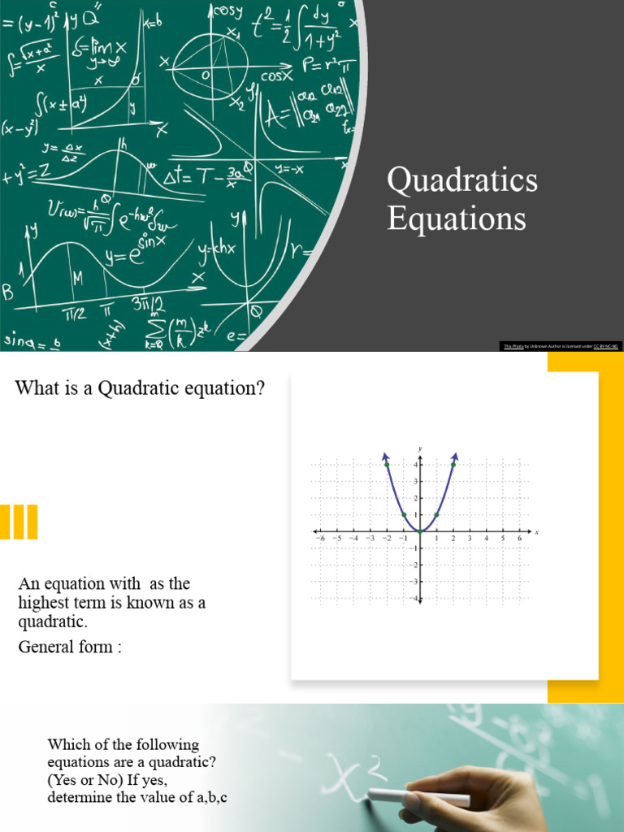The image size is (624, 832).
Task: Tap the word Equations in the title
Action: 456,218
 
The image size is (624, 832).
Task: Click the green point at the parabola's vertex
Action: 420,531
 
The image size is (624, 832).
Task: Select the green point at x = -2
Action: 387,465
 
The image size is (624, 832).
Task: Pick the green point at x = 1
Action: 436,514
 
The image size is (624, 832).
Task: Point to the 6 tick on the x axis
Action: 518,539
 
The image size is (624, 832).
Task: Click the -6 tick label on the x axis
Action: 319,539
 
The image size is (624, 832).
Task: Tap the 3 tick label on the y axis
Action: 414,482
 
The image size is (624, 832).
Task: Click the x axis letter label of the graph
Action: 537,532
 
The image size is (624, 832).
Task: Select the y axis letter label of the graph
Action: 420,448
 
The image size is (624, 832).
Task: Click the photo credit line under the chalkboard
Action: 561,346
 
